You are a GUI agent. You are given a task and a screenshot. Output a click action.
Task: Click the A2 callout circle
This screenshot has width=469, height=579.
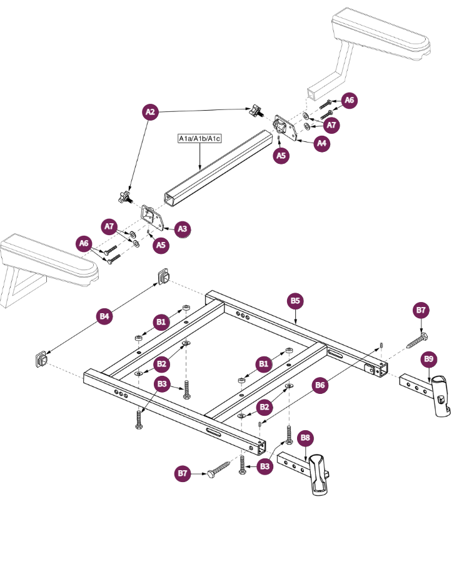coord(149,112)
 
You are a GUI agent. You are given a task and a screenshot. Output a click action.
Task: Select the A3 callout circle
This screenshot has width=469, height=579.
coord(182,229)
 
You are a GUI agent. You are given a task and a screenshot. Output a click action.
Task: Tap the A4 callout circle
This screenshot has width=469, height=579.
coord(321,143)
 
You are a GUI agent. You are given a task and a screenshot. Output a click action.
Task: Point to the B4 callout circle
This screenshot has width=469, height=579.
coord(105,316)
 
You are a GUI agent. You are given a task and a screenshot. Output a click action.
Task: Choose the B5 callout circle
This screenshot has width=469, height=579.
coord(296,301)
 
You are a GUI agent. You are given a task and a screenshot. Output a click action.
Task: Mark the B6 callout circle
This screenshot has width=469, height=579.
coord(320,386)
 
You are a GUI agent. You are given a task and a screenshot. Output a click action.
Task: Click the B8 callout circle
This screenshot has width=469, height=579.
coord(305,438)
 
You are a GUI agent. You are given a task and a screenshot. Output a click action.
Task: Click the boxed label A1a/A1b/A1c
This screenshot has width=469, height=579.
coord(199,138)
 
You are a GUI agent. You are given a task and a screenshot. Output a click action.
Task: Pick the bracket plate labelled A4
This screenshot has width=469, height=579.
coord(287,128)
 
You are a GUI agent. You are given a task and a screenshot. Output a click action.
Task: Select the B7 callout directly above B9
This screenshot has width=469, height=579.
coord(421,310)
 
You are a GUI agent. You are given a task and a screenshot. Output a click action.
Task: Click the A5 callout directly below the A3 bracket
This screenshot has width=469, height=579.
coord(161,245)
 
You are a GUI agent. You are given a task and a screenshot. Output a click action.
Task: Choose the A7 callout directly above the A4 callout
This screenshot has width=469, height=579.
coord(331,125)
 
